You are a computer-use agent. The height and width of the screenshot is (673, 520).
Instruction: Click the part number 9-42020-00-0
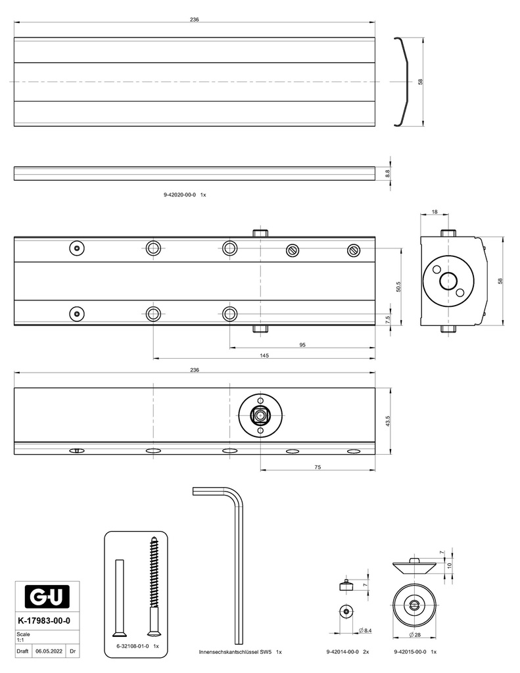pyautogui.click(x=179, y=195)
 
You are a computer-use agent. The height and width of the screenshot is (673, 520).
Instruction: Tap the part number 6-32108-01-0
pyautogui.click(x=133, y=647)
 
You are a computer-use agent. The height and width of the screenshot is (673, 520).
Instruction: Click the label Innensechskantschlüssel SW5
pyautogui.click(x=235, y=652)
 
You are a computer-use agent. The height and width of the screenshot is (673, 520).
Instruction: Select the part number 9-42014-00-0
pyautogui.click(x=343, y=652)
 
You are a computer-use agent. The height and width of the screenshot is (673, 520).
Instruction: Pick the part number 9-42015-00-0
pyautogui.click(x=410, y=652)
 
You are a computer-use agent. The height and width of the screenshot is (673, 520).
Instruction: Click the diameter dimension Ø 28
pyautogui.click(x=414, y=636)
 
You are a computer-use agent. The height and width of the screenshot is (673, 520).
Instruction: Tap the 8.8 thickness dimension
pyautogui.click(x=388, y=173)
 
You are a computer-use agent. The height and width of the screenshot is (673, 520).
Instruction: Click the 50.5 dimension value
pyautogui.click(x=399, y=287)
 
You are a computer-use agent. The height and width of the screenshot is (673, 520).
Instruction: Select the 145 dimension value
pyautogui.click(x=264, y=356)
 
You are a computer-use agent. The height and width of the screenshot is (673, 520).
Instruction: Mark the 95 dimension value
pyautogui.click(x=302, y=344)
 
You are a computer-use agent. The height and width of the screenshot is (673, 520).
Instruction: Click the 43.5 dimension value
pyautogui.click(x=388, y=421)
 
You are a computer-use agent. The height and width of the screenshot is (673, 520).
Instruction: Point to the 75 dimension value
pyautogui.click(x=318, y=467)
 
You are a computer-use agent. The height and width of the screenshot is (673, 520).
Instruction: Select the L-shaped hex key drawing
pyautogui.click(x=233, y=559)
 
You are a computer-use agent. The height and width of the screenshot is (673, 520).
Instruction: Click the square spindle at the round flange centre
pyautogui.click(x=261, y=415)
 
